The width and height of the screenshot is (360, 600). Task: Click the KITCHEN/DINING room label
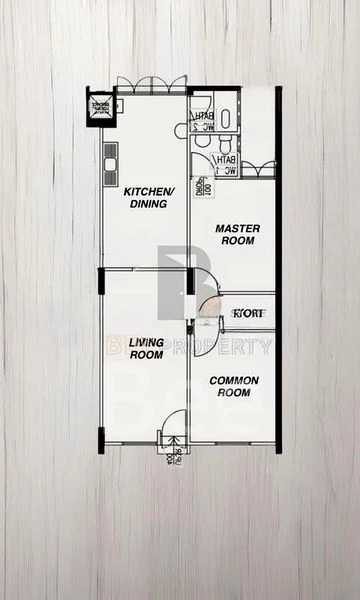tap(145, 197)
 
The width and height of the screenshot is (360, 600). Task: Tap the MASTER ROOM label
tap(238, 235)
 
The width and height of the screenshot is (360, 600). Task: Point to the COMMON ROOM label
tap(234, 387)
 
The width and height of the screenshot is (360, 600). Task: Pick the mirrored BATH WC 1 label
tap(226, 164)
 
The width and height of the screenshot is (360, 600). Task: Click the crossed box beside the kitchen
tap(100, 109)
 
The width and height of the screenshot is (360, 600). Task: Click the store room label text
tap(248, 313)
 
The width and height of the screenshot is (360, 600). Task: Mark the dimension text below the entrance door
tap(167, 461)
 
